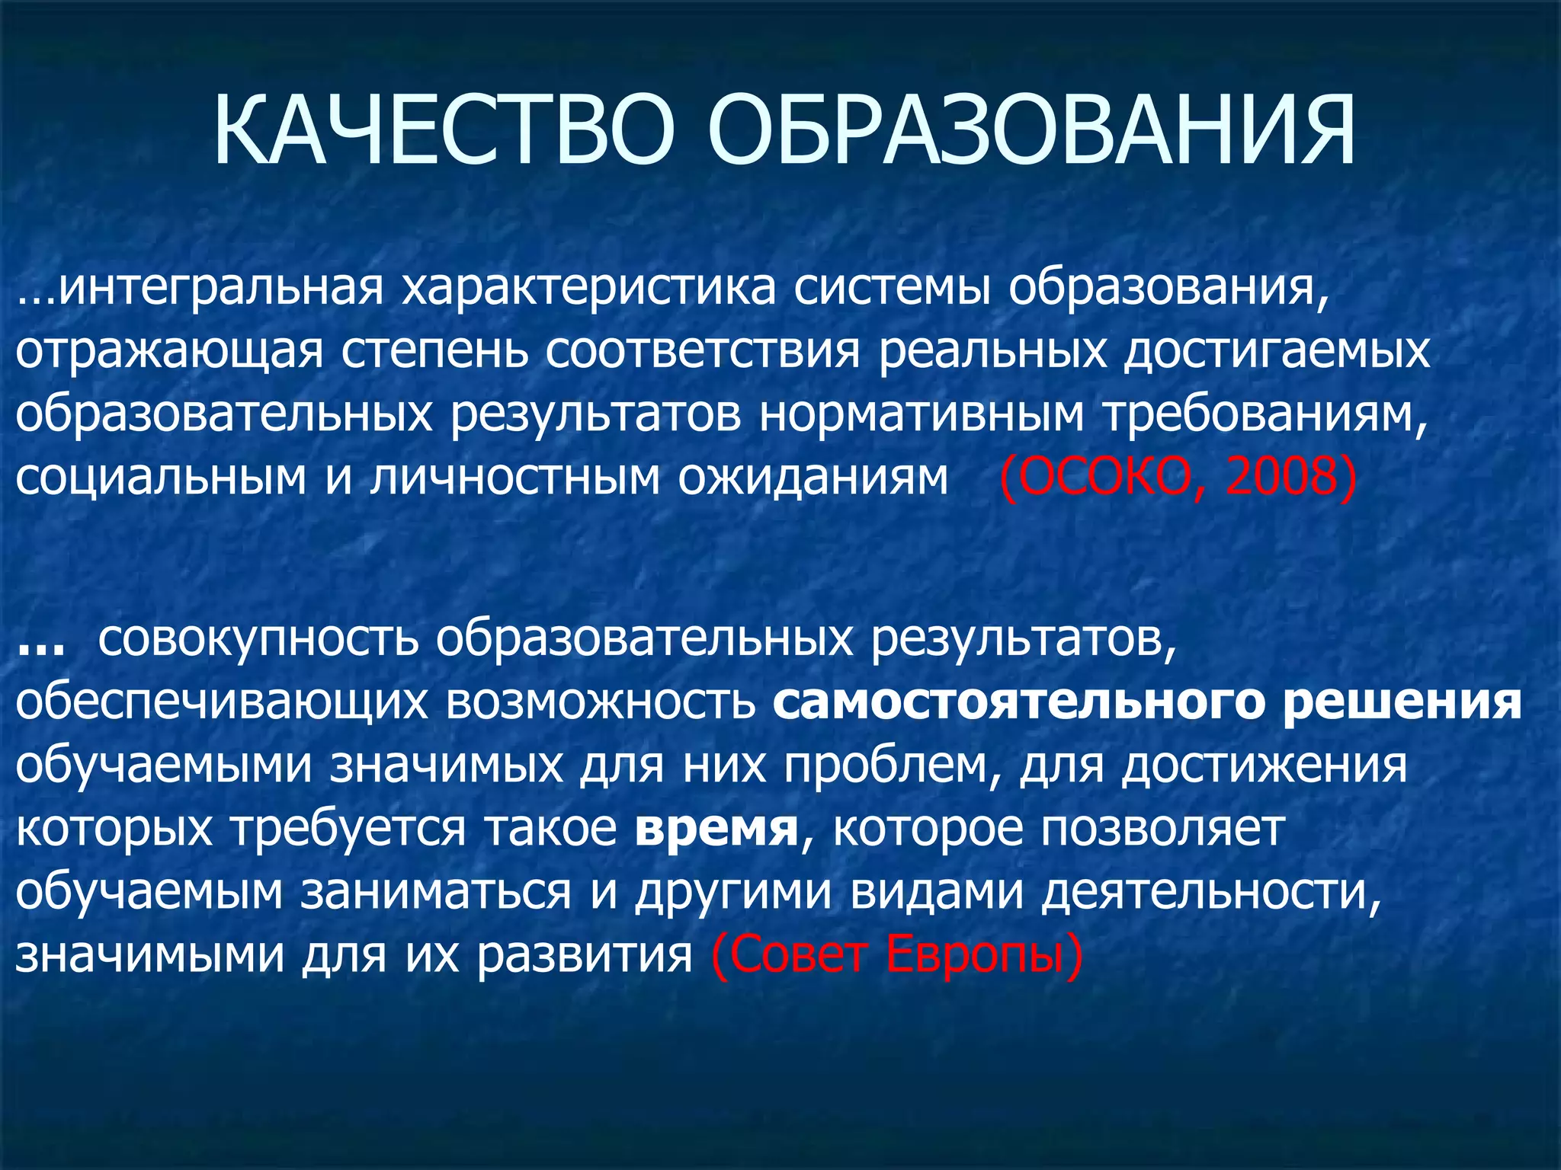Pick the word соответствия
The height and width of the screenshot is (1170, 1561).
coord(702,352)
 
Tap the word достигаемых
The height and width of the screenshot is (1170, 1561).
coord(1277,352)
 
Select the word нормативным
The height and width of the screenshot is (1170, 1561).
coord(922,415)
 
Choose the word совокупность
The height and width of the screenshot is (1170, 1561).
coord(258,638)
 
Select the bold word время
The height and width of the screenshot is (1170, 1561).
coord(716,828)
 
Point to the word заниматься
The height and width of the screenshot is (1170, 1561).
coord(435,892)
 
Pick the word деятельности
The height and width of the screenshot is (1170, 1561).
coord(1211,892)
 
